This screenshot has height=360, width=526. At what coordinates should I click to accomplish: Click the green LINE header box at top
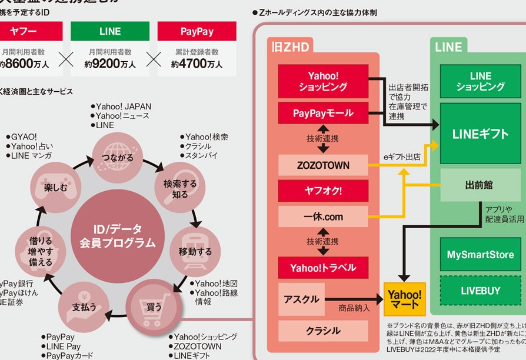point(110,31)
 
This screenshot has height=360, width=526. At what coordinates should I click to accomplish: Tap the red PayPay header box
point(197,31)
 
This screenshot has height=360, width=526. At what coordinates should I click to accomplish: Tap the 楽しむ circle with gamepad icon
point(54,186)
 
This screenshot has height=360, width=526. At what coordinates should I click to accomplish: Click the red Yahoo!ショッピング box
point(323,81)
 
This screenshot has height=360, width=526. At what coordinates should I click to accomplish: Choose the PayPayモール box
point(323,113)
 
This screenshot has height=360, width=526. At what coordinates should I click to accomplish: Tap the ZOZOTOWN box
point(323,166)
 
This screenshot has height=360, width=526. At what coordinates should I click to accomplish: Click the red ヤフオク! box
point(323,191)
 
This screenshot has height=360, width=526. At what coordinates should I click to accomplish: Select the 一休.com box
point(323,216)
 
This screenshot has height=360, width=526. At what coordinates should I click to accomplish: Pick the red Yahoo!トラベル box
point(323,268)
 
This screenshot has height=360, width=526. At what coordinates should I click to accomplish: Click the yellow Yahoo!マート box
point(404,299)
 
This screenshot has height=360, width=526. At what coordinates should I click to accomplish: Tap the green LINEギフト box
point(480,134)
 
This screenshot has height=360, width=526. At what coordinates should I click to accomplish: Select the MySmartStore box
point(480,255)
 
